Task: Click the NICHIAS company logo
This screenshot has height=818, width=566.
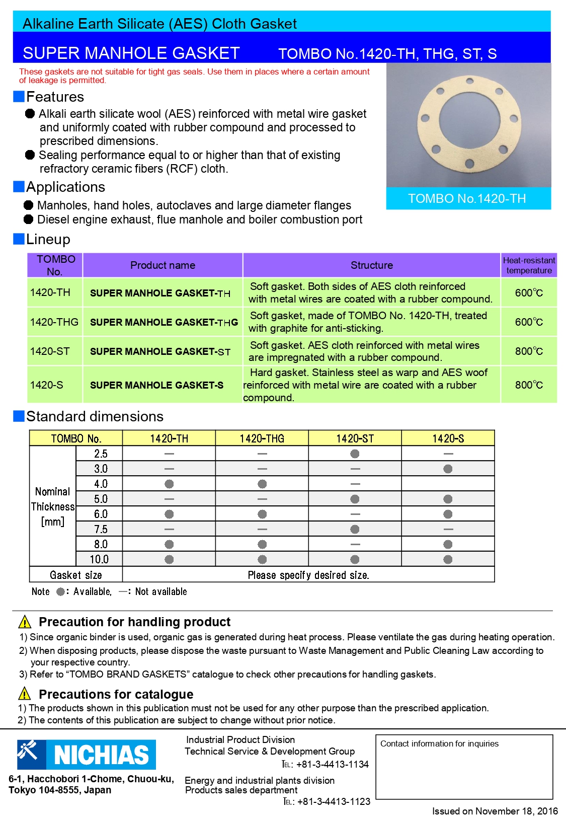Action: click(x=86, y=754)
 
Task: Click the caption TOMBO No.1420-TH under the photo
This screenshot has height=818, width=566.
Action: click(x=467, y=198)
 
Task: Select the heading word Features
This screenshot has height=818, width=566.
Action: click(x=55, y=97)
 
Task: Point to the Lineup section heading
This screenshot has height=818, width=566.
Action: click(x=48, y=239)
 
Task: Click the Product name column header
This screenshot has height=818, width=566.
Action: click(x=163, y=265)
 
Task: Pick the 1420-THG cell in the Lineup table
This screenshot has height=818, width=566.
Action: click(x=54, y=322)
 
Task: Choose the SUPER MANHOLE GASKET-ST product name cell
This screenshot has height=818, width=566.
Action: click(x=160, y=351)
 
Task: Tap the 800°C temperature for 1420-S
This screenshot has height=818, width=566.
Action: click(x=529, y=385)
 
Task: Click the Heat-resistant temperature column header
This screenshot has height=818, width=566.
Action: click(x=529, y=265)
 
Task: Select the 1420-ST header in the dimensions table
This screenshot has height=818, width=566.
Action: click(x=355, y=438)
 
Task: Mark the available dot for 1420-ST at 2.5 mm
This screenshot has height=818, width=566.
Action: click(x=355, y=454)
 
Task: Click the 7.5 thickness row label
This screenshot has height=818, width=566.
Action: click(x=101, y=529)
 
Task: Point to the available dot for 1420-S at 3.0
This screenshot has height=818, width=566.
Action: click(x=448, y=469)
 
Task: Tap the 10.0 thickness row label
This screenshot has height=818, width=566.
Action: click(x=99, y=559)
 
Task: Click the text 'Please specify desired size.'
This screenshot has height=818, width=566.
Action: click(x=308, y=575)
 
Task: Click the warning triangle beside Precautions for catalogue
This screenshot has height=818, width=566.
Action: click(x=25, y=694)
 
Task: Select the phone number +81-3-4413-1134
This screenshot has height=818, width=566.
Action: click(x=332, y=764)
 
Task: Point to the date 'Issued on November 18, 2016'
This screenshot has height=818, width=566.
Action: click(x=495, y=811)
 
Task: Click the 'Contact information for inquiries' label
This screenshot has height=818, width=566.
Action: click(x=439, y=743)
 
